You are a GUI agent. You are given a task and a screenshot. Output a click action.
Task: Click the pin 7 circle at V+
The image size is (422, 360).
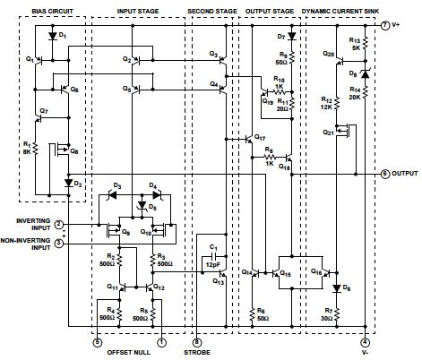click(x=385, y=25)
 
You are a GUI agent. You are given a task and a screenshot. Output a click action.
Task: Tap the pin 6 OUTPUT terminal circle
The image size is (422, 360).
click(x=385, y=174)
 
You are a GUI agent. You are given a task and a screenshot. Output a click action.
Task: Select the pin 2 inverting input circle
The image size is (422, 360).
click(x=59, y=224)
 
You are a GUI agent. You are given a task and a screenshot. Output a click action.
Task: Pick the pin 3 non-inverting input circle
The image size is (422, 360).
click(x=59, y=244)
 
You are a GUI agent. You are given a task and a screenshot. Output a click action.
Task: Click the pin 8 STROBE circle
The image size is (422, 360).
click(x=196, y=342)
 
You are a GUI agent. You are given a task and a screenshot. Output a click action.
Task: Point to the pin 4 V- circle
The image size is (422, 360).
click(x=365, y=342)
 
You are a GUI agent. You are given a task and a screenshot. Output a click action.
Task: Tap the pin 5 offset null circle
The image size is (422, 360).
click(x=98, y=342)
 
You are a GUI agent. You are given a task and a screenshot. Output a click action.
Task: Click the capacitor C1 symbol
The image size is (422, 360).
click(x=213, y=256)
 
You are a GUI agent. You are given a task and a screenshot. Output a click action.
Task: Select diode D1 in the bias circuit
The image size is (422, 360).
click(x=53, y=36)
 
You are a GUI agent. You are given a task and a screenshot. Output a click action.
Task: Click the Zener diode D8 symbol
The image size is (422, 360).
click(x=365, y=73)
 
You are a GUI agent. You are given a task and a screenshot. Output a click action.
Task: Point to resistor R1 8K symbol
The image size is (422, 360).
click(x=35, y=149)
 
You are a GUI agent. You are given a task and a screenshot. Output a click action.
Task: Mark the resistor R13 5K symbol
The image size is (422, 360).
click(x=365, y=43)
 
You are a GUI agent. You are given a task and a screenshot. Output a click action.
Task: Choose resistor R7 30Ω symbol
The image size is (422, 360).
click(x=337, y=314)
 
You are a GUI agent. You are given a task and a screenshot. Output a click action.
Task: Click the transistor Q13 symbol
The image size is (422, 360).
click(x=222, y=273)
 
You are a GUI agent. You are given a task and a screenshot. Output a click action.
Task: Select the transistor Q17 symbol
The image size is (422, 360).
click(x=249, y=139)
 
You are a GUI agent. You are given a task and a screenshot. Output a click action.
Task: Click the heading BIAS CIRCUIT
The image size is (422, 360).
click(x=53, y=12)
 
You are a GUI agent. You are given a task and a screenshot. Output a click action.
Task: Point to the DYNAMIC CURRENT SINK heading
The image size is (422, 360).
click(x=340, y=12)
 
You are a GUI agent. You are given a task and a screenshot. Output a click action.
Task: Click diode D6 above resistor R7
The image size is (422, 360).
click(x=337, y=288)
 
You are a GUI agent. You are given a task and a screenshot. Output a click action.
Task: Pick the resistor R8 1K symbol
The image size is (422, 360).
click(x=270, y=157)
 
